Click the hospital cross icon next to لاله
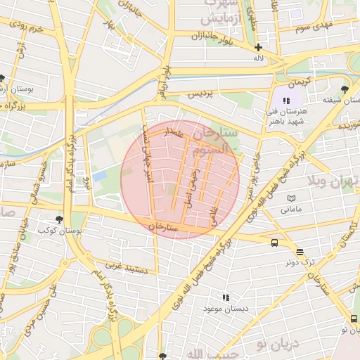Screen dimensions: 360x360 (259, 47)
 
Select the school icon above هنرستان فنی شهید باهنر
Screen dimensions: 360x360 (286, 101)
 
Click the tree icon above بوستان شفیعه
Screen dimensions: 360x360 (344, 89)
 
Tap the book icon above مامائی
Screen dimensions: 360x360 (292, 199)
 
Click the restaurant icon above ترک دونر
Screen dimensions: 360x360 (300, 251)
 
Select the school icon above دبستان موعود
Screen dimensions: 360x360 (226, 298)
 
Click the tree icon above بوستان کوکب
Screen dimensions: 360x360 (58, 219)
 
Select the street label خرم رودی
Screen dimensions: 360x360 (27, 28)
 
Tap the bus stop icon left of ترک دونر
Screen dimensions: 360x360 (274, 243)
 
